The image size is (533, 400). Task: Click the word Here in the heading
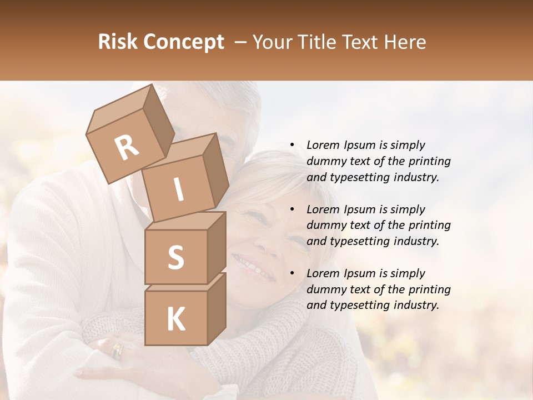pyautogui.click(x=405, y=42)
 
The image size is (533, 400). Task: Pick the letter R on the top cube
pyautogui.click(x=127, y=147)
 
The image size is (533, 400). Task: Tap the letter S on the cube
pyautogui.click(x=175, y=257)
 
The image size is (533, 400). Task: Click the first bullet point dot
pyautogui.click(x=292, y=145)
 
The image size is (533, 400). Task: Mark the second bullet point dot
pyautogui.click(x=292, y=209)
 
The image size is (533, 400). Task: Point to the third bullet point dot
pyautogui.click(x=292, y=273)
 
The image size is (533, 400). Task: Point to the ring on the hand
pyautogui.click(x=117, y=350)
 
